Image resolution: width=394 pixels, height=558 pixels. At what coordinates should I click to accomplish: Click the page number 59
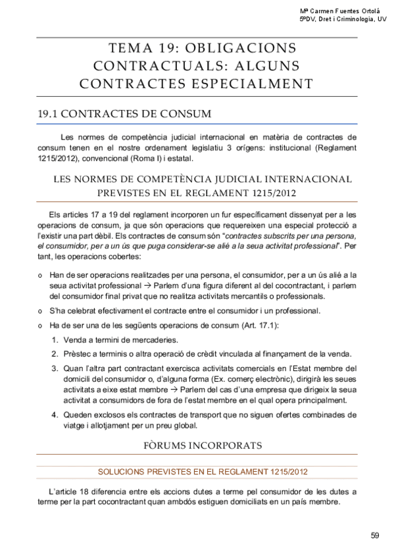(374, 535)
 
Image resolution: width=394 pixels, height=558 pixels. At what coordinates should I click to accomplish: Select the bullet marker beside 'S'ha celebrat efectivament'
(41, 311)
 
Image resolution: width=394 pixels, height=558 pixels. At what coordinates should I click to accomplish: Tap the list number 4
(54, 415)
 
